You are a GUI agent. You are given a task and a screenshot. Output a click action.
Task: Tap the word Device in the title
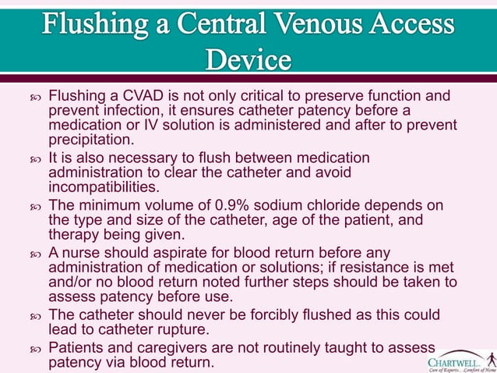tap(248, 59)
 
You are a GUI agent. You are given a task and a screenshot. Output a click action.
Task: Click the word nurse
tap(83, 252)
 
